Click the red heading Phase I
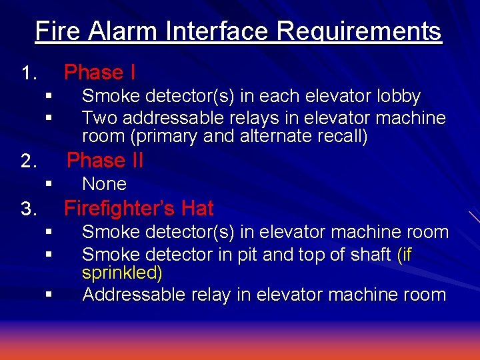[x=99, y=72]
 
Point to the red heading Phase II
[x=105, y=161]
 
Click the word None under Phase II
[x=104, y=184]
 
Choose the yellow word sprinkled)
[x=122, y=273]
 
